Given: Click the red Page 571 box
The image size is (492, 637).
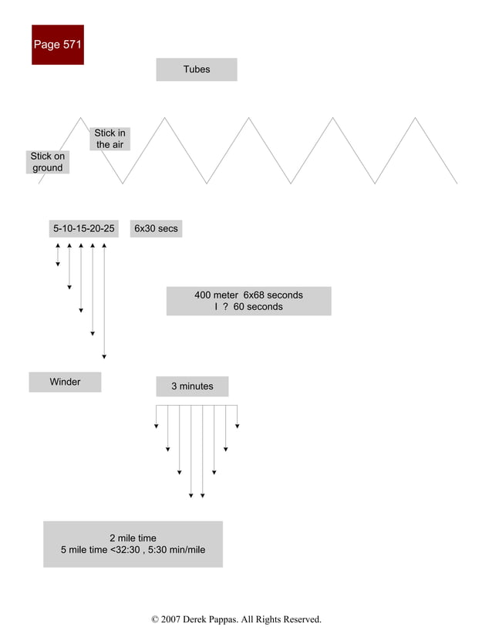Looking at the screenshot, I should click(58, 45).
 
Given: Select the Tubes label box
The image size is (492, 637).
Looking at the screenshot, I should click(197, 69).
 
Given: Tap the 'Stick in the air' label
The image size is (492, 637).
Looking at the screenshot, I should click(110, 139).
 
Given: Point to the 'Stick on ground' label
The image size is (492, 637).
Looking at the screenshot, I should click(47, 162).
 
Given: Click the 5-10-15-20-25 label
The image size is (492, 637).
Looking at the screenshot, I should click(84, 229).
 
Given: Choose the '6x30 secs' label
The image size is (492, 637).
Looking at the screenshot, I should click(156, 229).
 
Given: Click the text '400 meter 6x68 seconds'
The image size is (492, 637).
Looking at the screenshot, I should click(248, 295).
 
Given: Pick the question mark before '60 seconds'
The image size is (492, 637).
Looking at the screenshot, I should click(226, 307).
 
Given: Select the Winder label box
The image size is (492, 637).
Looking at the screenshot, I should click(65, 382).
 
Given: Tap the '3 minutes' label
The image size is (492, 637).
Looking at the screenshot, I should click(192, 386).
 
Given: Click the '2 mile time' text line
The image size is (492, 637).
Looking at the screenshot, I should click(133, 538).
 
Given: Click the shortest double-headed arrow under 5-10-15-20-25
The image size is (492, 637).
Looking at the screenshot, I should click(58, 254).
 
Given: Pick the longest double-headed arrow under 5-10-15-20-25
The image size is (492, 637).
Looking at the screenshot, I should click(104, 301).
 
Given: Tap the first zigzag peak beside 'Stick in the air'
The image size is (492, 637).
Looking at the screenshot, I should click(81, 118).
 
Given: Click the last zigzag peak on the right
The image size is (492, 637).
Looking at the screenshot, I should click(416, 118).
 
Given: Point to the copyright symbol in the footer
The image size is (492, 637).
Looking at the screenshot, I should click(155, 619).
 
